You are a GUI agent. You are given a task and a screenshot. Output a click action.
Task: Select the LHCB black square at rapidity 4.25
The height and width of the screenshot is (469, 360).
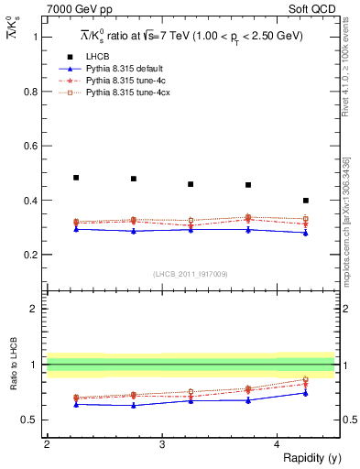[306, 200]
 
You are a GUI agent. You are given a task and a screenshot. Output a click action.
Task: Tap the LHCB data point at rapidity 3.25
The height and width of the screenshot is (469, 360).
[191, 184]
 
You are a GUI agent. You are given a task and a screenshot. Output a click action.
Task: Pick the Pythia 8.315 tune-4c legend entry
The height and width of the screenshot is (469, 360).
[119, 81]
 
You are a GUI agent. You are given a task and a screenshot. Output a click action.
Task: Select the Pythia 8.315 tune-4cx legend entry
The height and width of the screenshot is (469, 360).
[121, 93]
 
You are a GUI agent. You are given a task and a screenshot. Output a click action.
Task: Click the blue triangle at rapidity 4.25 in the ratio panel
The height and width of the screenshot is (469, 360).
[306, 393]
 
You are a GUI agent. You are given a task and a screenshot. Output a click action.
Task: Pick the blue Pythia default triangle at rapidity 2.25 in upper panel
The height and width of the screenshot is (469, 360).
[76, 229]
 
